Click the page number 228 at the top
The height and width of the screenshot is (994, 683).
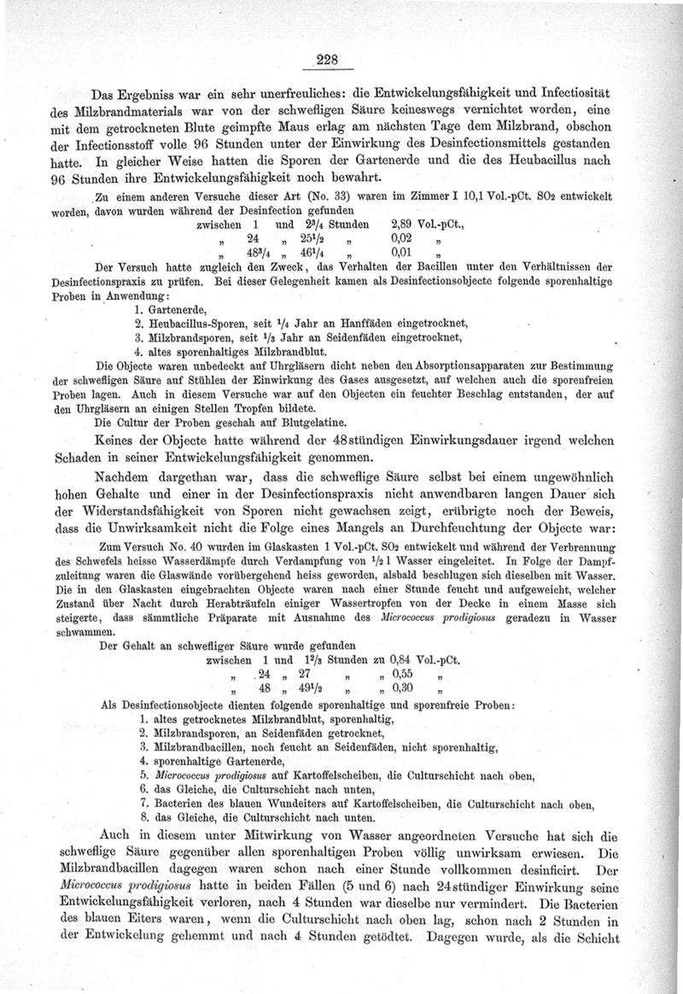pos(328,59)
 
